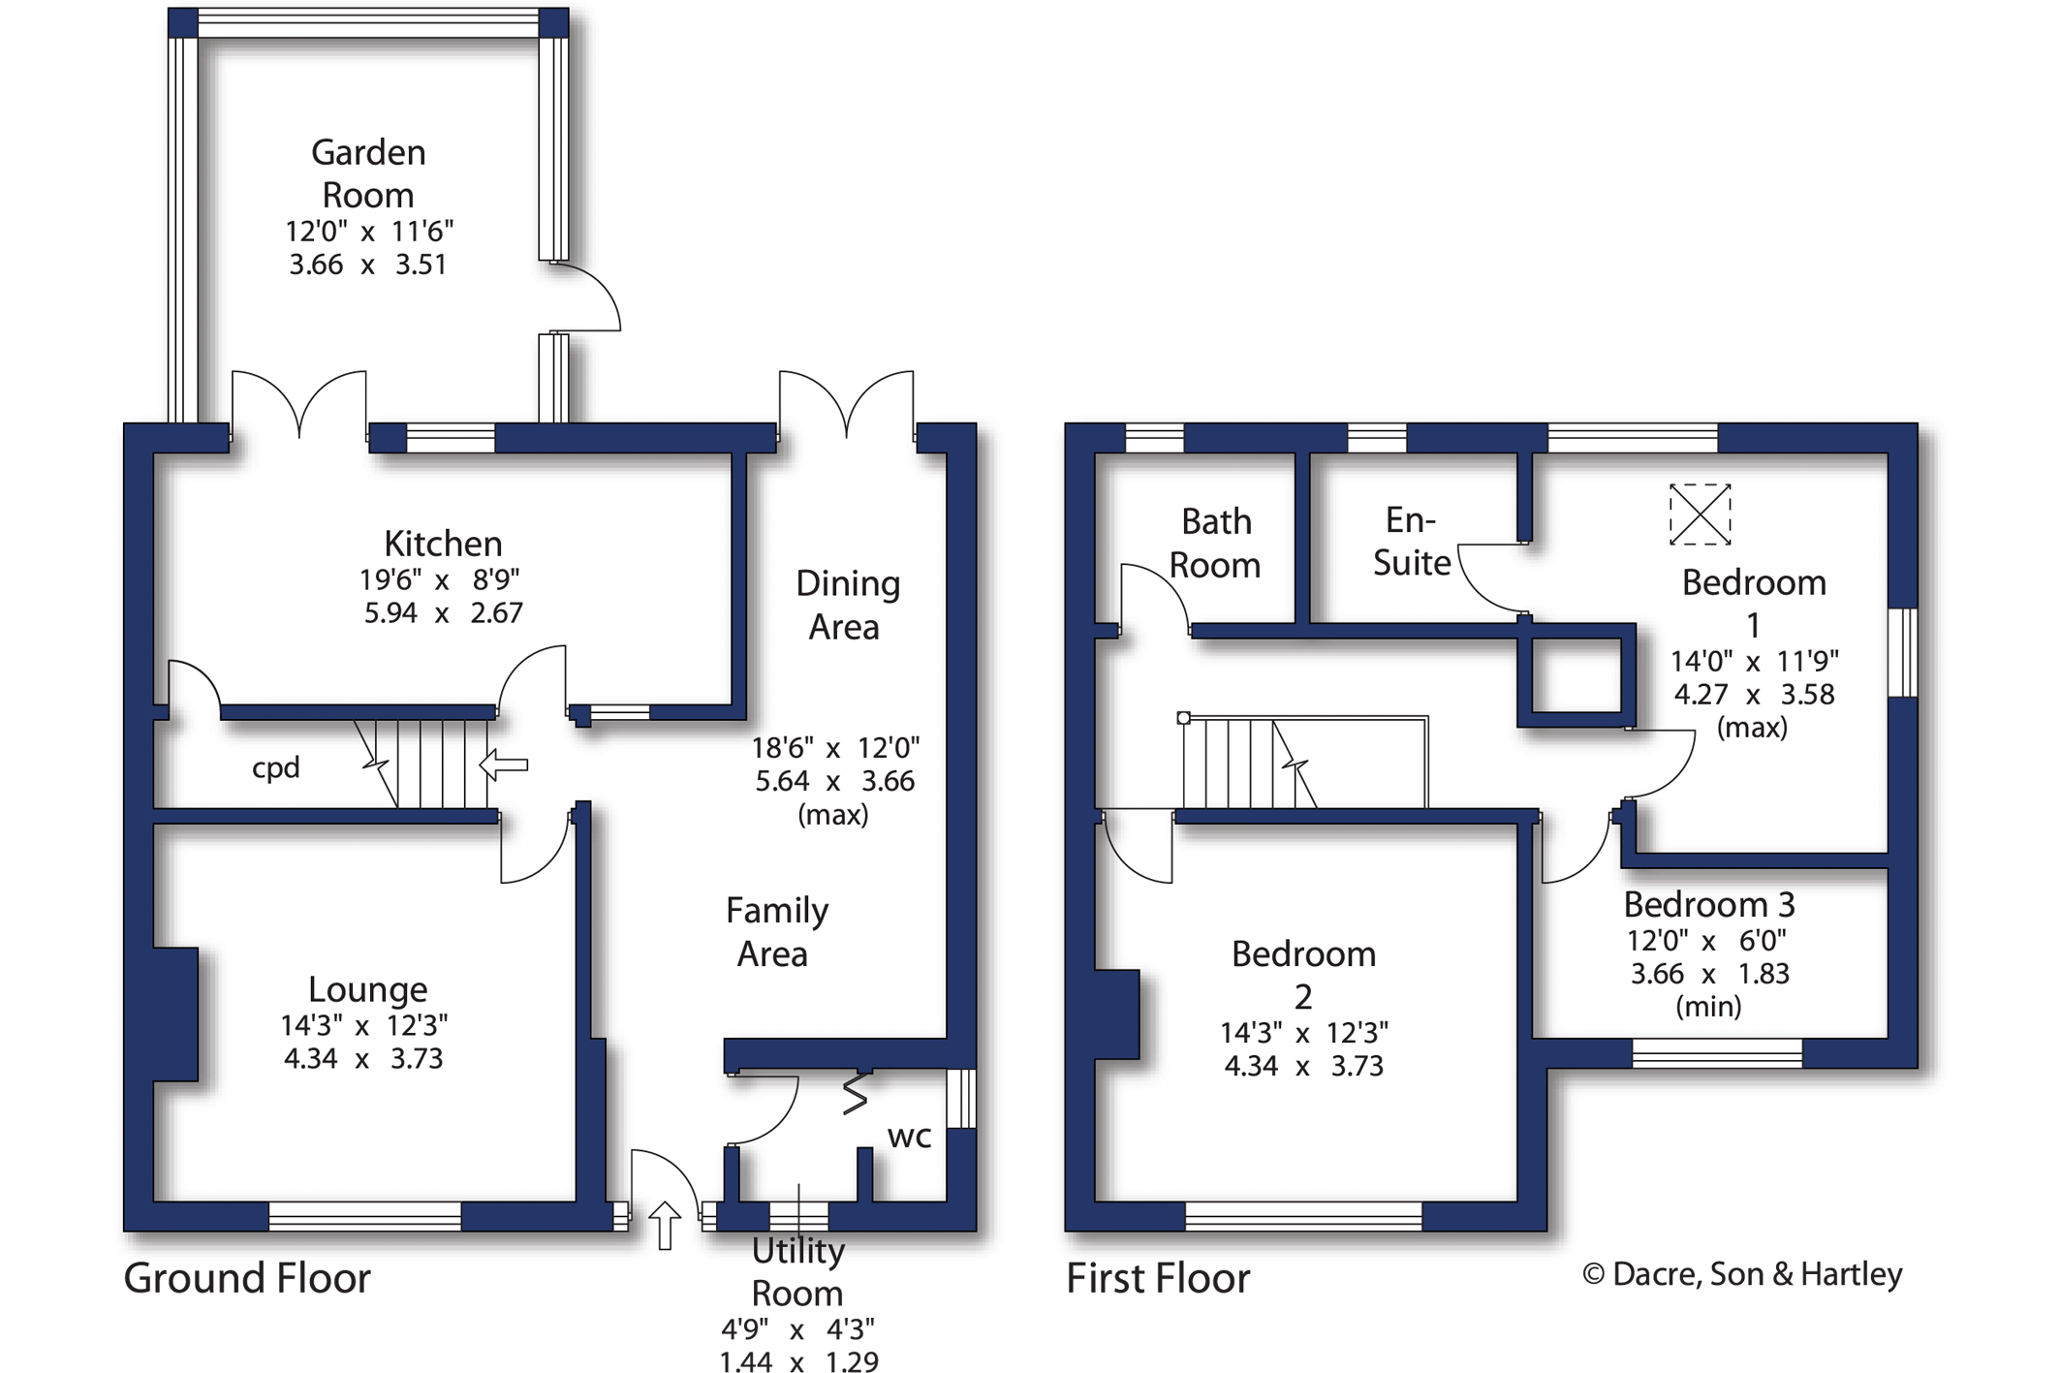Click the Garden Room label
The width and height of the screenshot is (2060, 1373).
(x=368, y=173)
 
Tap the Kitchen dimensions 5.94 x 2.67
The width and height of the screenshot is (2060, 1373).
(x=443, y=613)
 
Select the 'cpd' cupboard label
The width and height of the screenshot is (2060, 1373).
(x=275, y=768)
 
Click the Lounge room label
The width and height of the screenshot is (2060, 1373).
(x=367, y=989)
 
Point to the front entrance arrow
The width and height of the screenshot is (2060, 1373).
(x=664, y=1225)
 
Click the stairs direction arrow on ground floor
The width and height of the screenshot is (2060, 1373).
(x=504, y=765)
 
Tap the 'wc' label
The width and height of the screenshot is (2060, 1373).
(x=909, y=1137)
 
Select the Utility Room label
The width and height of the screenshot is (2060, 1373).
(x=797, y=1271)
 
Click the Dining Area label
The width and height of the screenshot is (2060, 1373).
(x=847, y=605)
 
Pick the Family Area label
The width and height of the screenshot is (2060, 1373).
(x=776, y=932)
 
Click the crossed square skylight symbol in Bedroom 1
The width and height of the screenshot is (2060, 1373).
(x=1700, y=514)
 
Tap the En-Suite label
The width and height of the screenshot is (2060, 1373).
(x=1411, y=542)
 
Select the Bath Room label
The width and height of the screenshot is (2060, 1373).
(x=1215, y=543)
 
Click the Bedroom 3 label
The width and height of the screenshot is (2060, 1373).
(x=1709, y=905)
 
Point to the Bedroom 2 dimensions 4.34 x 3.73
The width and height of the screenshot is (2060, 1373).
(x=1303, y=1067)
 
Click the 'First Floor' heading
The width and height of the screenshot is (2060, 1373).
(x=1158, y=1279)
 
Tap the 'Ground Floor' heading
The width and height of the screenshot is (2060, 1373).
(x=247, y=1279)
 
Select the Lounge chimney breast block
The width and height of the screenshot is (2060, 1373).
(x=175, y=1014)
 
